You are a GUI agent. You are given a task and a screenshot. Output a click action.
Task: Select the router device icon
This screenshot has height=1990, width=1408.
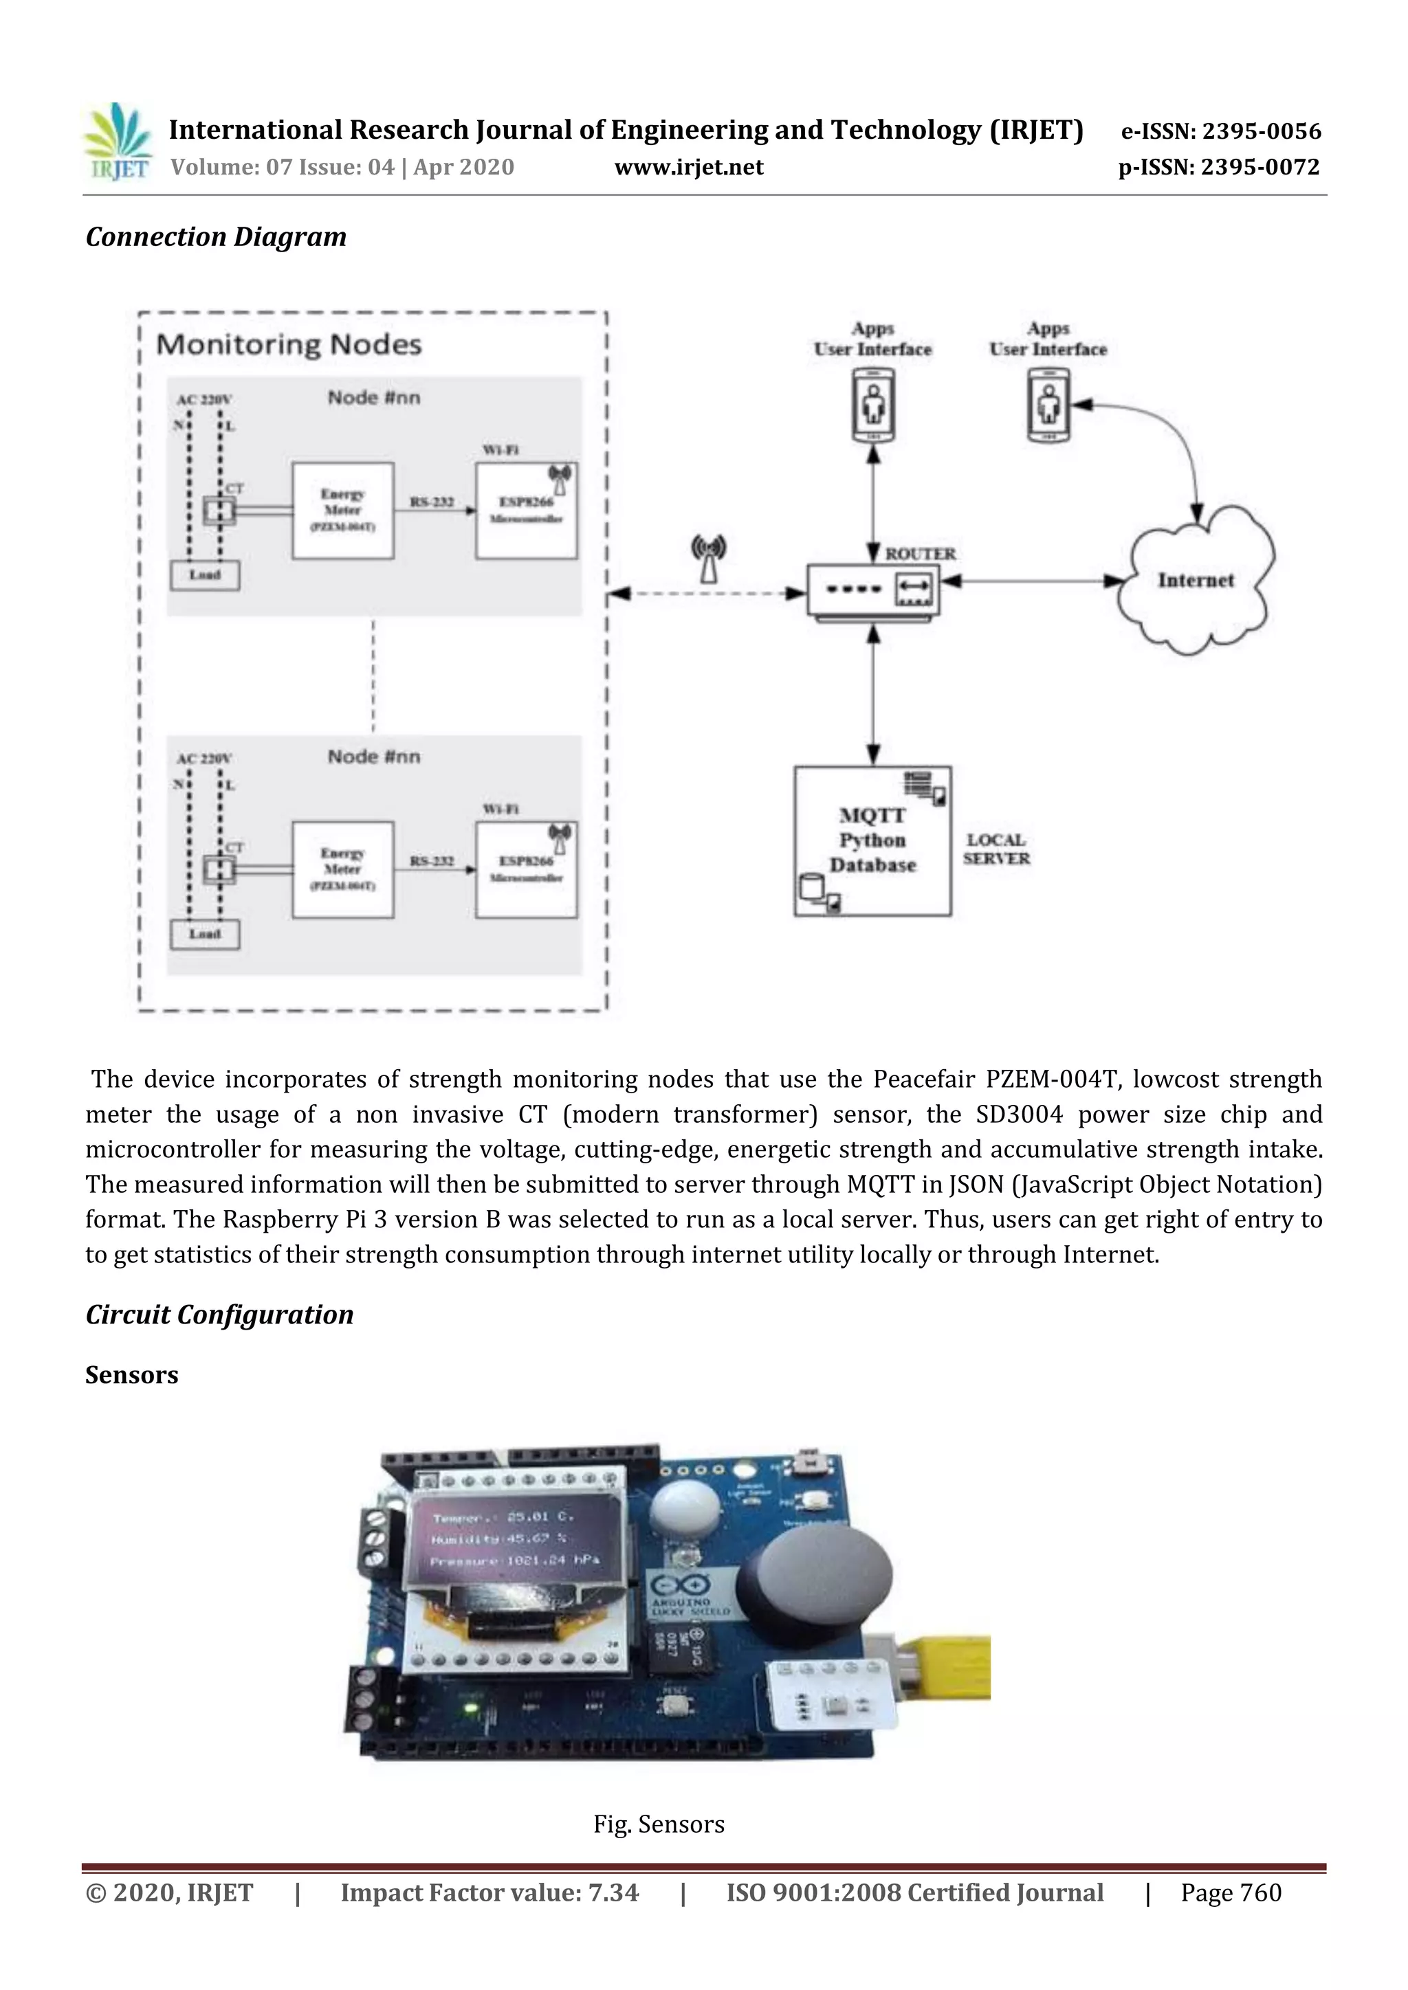873,590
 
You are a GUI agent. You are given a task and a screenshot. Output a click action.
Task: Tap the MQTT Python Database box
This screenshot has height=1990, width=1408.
872,840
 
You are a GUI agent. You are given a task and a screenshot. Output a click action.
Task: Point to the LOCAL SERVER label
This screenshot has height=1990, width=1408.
996,849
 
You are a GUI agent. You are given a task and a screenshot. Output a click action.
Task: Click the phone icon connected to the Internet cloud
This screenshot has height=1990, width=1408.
1049,405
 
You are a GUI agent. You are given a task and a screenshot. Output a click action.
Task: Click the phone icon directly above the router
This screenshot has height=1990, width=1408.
873,405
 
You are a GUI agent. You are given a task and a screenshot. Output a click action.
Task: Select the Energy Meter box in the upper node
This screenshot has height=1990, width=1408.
342,511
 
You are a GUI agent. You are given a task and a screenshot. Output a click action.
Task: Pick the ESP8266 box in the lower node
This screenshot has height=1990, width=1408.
525,869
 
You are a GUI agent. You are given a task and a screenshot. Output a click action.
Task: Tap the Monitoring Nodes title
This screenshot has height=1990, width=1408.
289,345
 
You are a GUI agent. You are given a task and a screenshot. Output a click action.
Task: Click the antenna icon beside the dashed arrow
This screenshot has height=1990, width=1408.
708,558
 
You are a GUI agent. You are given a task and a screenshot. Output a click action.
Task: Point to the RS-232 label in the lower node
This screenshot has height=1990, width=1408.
432,860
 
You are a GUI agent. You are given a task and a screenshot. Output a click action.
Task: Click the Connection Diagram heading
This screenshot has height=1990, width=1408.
216,236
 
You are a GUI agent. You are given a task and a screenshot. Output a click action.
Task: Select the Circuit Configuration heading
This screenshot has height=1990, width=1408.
219,1314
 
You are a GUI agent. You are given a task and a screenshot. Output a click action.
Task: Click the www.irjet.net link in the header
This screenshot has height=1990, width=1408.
688,167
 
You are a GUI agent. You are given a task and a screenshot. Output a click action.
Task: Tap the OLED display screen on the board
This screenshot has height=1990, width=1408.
515,1539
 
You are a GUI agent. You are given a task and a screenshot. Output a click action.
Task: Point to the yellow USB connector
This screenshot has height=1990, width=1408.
950,1669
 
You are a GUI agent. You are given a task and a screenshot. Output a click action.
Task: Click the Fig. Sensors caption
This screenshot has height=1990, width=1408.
658,1824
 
